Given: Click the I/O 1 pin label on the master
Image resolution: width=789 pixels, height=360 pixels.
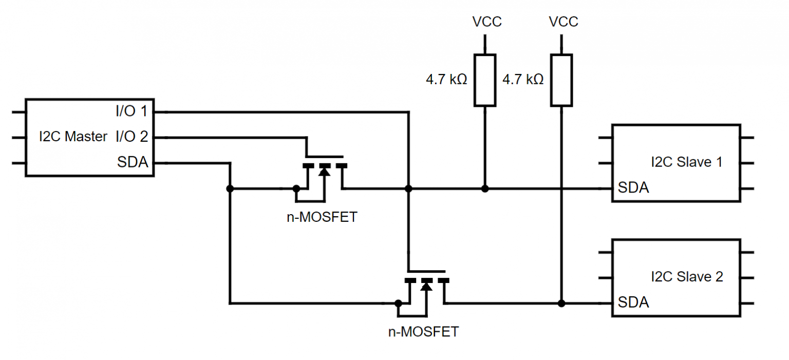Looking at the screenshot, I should tap(131, 110).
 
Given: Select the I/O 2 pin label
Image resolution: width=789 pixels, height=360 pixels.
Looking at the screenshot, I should tap(131, 137).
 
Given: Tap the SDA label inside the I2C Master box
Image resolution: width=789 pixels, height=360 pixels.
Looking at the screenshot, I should tap(133, 163).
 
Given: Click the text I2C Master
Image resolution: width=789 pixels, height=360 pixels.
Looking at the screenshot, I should tap(73, 137).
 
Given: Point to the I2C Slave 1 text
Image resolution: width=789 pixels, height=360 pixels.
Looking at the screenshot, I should tap(686, 162).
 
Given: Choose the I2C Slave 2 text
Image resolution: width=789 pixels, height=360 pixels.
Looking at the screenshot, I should tap(686, 277).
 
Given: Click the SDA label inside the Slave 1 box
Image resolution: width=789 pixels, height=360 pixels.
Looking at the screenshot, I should tap(633, 188).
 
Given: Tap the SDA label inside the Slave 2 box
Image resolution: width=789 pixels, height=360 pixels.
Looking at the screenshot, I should tap(633, 302).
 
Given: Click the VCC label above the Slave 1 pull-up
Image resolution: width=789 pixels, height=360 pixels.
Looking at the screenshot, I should tap(486, 22).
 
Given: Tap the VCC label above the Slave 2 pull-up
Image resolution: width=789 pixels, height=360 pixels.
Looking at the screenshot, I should tap(563, 22).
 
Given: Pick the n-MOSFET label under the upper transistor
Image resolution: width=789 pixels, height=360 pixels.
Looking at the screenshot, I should tap(322, 217).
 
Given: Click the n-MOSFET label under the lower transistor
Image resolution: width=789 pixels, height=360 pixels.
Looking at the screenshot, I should tap(423, 332).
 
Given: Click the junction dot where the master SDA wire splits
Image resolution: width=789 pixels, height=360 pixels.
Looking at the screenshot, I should tap(230, 189).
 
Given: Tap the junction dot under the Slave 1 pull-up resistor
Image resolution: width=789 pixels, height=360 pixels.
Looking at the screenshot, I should tap(484, 189).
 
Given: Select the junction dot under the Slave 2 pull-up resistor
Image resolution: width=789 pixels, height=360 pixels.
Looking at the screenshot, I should tap(561, 303).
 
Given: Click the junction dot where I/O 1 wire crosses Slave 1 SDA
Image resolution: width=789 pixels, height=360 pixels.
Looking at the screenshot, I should tap(408, 189).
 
